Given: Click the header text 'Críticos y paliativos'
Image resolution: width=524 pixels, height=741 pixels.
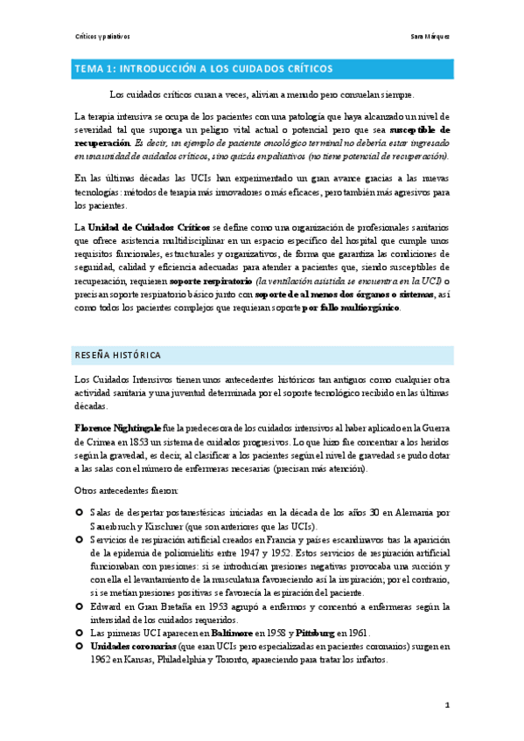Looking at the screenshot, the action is click(x=101, y=37).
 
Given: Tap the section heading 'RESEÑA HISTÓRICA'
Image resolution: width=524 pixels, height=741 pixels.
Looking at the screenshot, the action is click(x=116, y=355).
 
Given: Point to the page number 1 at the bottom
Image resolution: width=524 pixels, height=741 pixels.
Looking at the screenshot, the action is click(x=446, y=704).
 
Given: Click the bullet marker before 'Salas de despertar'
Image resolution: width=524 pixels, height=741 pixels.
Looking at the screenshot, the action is click(x=80, y=512).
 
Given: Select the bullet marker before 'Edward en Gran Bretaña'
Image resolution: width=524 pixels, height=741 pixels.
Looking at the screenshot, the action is click(x=80, y=606).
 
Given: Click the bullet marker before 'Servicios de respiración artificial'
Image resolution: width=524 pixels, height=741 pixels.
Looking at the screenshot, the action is click(x=80, y=538).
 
